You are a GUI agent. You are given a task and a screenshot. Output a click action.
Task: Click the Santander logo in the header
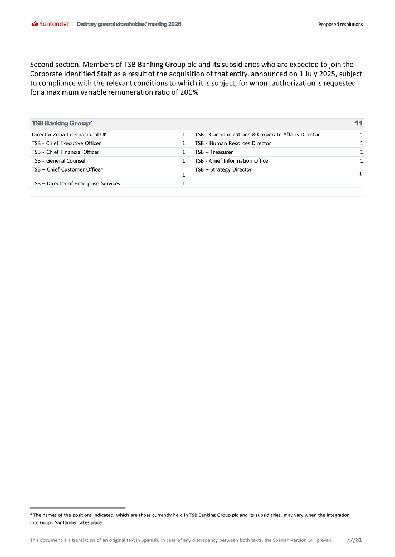click(51, 24)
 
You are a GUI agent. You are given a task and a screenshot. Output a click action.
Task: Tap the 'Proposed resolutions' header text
click(340, 25)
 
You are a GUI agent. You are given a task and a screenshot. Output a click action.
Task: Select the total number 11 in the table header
click(358, 123)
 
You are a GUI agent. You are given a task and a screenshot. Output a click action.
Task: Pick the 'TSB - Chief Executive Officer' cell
click(66, 144)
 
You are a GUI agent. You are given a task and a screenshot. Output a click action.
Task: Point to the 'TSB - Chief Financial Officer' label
click(66, 152)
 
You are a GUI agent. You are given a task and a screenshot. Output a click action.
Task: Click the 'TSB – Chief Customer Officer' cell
click(67, 169)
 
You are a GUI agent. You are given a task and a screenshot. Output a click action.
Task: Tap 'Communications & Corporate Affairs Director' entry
click(257, 135)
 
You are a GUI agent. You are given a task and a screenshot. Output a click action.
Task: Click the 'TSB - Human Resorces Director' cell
click(233, 144)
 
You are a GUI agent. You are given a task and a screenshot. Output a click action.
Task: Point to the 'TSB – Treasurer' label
click(214, 152)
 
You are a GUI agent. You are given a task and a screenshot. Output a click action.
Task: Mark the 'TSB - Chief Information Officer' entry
click(232, 161)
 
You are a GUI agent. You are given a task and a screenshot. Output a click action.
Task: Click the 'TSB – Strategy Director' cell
click(223, 169)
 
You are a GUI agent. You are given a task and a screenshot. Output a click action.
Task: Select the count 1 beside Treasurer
click(362, 152)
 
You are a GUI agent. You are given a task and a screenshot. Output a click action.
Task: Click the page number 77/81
click(354, 540)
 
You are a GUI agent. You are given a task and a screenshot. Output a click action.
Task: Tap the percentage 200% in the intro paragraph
click(190, 93)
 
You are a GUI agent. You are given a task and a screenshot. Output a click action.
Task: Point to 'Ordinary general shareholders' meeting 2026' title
click(129, 25)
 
